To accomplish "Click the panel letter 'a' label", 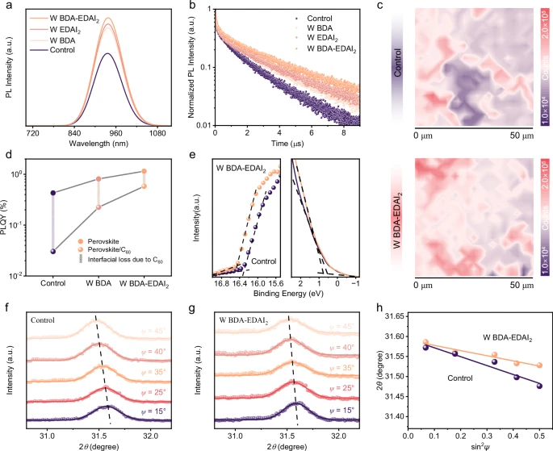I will (x=6, y=7).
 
